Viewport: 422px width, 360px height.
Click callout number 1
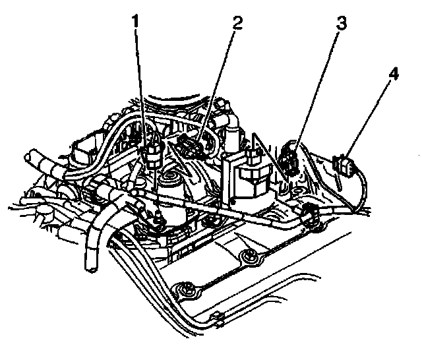(135, 22)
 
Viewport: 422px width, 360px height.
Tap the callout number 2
(237, 23)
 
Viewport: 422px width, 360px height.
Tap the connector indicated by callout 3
(289, 159)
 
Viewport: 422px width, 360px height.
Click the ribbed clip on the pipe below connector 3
(308, 214)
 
